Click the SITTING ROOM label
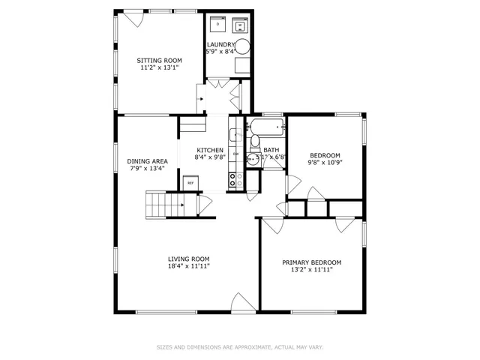(x=159, y=60)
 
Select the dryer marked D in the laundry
(x=217, y=25)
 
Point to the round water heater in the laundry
(x=244, y=45)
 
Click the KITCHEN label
(x=210, y=150)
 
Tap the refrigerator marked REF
(x=190, y=183)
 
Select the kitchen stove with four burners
(x=233, y=180)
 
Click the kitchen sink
(x=234, y=136)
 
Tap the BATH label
(x=271, y=150)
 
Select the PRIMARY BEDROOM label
(x=311, y=262)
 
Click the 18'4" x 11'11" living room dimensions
(x=188, y=266)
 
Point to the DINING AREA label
(x=147, y=161)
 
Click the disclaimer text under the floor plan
(x=239, y=347)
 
